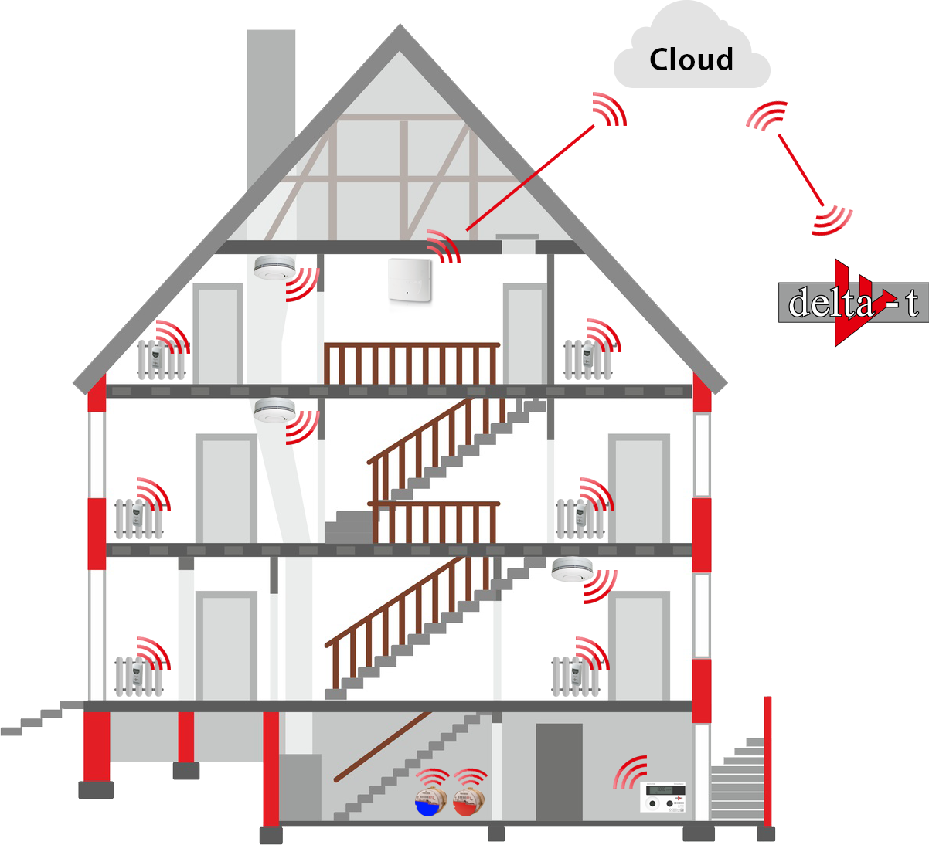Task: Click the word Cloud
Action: tap(691, 59)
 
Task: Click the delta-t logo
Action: tap(853, 302)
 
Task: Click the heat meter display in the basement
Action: tap(664, 796)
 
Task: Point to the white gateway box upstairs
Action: tap(410, 280)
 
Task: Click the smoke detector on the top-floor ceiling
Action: tap(272, 267)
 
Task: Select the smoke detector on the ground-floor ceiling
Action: tap(572, 569)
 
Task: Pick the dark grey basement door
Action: tap(559, 772)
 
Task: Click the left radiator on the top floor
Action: tap(161, 359)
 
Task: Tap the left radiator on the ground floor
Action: tap(139, 676)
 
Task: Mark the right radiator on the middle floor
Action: tap(580, 518)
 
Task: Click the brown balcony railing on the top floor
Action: tap(411, 363)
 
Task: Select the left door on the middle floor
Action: tap(226, 489)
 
